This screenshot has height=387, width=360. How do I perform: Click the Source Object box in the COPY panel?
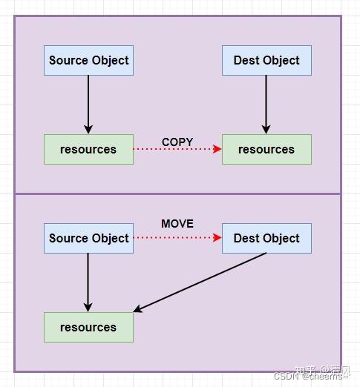click(88, 60)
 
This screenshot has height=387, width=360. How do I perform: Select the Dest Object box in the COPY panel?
click(266, 60)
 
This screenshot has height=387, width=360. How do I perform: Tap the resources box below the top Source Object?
click(88, 149)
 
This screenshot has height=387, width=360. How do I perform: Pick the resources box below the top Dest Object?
click(266, 149)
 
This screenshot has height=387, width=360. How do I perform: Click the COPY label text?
click(177, 142)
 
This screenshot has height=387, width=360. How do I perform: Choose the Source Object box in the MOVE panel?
click(88, 238)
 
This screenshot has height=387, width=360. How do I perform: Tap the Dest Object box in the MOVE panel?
click(266, 238)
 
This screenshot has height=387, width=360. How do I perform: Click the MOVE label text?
click(177, 223)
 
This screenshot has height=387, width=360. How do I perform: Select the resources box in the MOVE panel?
click(88, 327)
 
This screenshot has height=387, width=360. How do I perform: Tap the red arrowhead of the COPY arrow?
click(217, 149)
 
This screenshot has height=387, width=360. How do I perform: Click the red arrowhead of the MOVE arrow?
click(217, 238)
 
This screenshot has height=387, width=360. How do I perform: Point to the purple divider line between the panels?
click(177, 193)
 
